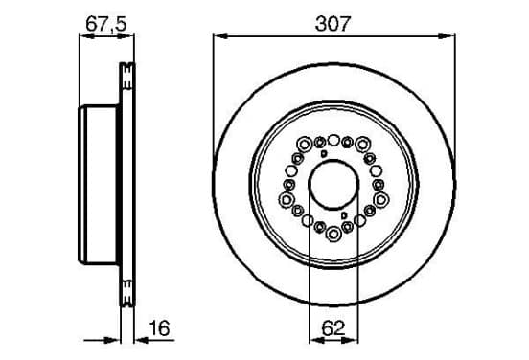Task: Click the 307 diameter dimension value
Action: (333, 24)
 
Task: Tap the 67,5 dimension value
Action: (106, 24)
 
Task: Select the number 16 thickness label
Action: (160, 328)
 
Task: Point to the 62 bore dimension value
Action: (333, 328)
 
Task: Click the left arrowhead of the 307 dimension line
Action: (221, 36)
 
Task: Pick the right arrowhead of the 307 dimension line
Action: (447, 36)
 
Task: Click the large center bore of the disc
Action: (333, 185)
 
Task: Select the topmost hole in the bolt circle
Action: (333, 140)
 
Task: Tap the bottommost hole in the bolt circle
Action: (333, 234)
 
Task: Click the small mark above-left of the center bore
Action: (324, 154)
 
